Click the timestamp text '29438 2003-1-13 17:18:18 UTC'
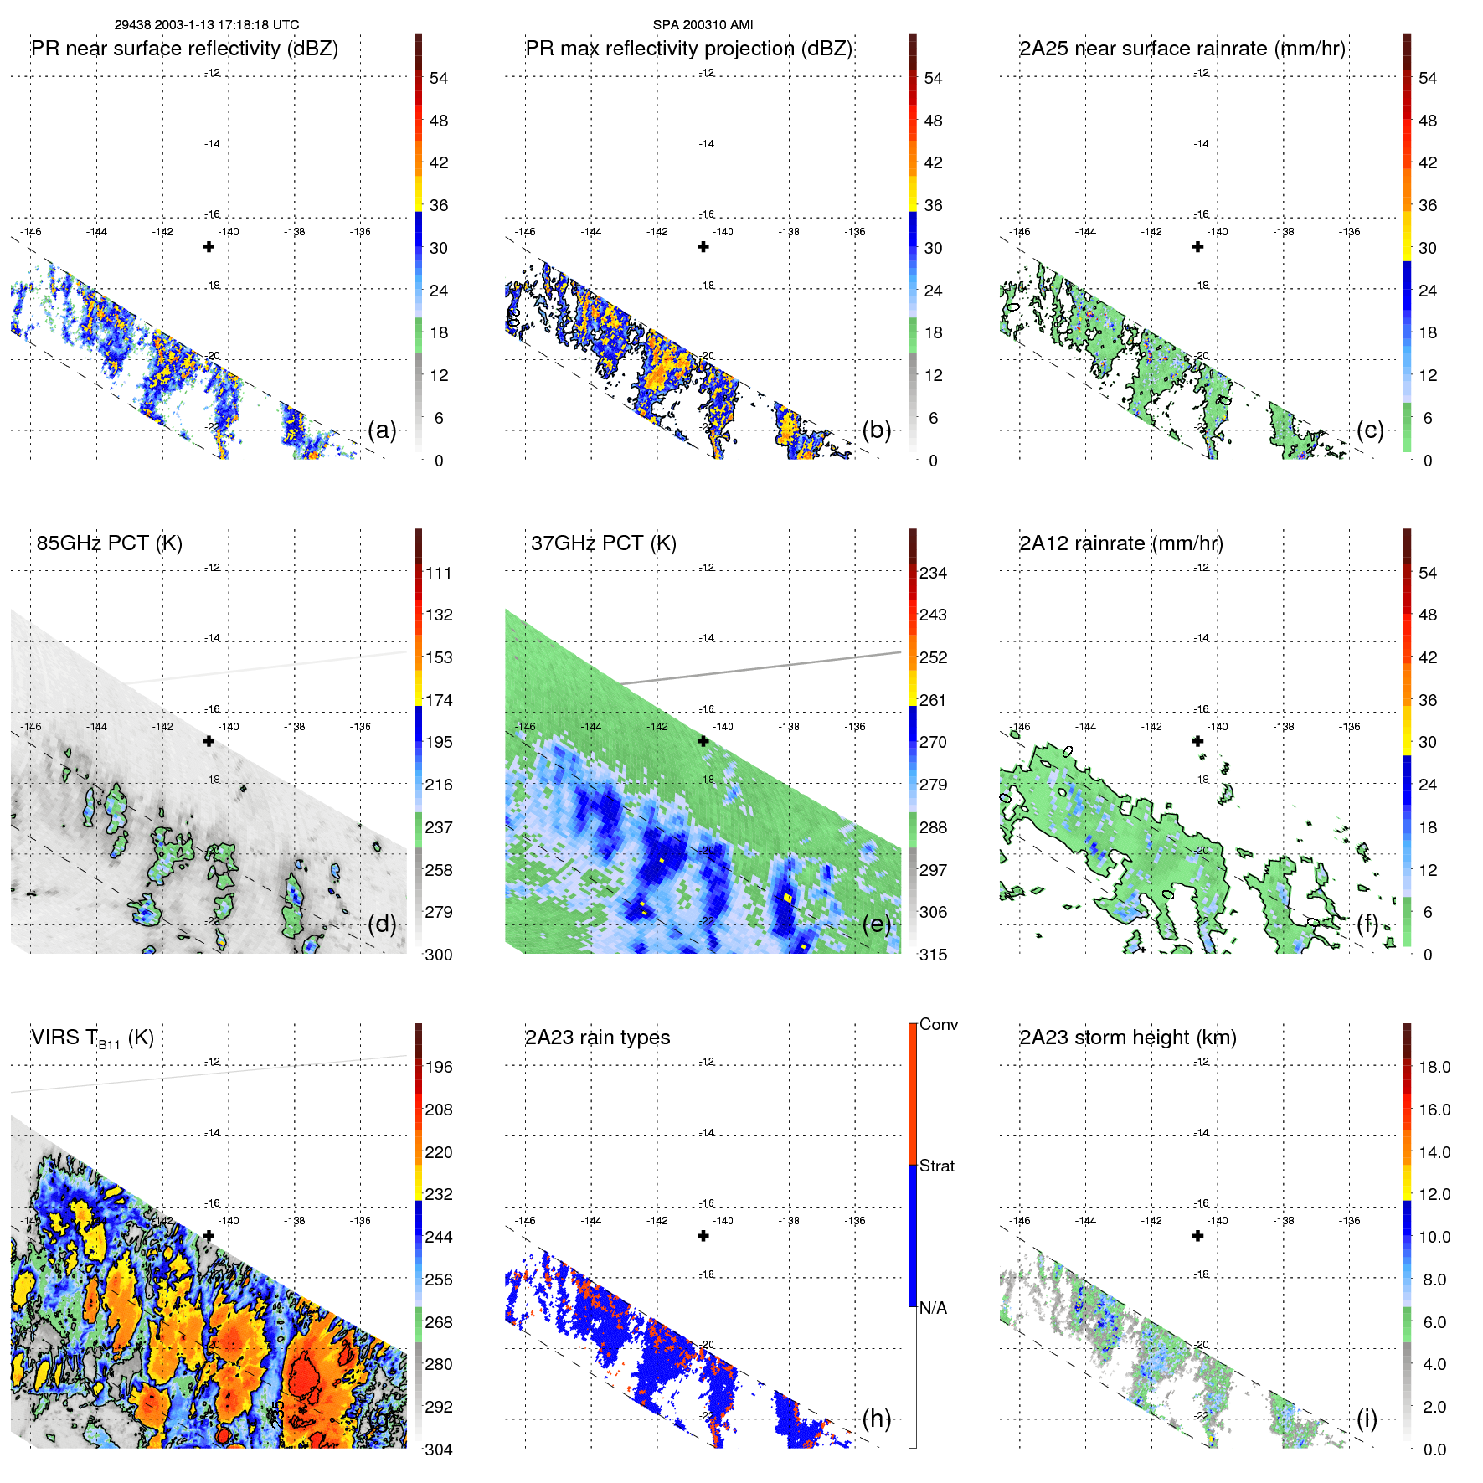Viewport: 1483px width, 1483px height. [x=206, y=25]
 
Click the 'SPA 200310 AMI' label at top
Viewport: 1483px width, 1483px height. [x=703, y=25]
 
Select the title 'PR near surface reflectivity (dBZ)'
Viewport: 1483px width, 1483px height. [x=184, y=49]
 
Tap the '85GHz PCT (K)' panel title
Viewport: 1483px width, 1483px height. [x=109, y=543]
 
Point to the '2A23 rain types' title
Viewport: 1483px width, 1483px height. [x=597, y=1038]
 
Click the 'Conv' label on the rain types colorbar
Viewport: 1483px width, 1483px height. [x=938, y=1024]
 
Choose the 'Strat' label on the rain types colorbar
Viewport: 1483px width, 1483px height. [x=936, y=1166]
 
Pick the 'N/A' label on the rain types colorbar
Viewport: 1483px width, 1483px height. [x=933, y=1308]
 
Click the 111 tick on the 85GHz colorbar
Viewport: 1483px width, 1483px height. [x=438, y=573]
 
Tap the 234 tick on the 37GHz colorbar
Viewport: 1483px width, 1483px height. [x=933, y=573]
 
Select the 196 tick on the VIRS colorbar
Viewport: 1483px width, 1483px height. [x=438, y=1067]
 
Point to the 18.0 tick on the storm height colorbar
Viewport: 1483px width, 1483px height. [x=1434, y=1067]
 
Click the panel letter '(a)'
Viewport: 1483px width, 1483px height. [x=382, y=430]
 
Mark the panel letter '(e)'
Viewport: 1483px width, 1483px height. [x=877, y=924]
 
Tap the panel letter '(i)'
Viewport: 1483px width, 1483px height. [x=1367, y=1419]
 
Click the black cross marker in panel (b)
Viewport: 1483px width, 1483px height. [x=703, y=246]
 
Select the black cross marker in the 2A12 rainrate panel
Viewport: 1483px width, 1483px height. [x=1197, y=741]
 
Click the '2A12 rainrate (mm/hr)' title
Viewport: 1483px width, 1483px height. [x=1120, y=543]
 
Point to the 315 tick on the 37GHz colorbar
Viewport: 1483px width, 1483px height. [x=933, y=955]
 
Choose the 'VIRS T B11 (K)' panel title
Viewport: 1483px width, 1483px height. [x=92, y=1038]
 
